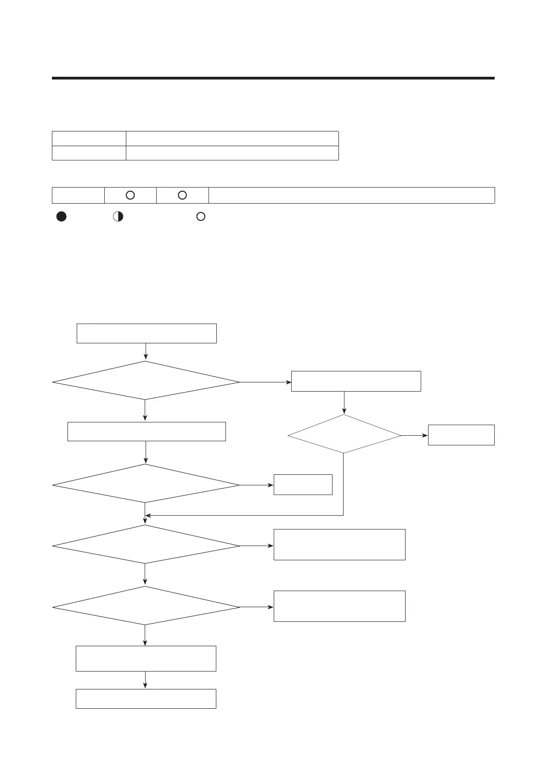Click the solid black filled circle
click(62, 217)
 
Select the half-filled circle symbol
click(118, 217)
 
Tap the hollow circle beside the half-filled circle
click(201, 216)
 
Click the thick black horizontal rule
click(273, 78)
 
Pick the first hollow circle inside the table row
click(130, 195)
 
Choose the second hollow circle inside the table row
click(182, 195)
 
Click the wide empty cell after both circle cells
click(351, 195)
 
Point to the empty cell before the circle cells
click(78, 195)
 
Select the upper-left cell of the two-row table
click(89, 138)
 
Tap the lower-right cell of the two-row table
click(232, 153)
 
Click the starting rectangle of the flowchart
click(146, 333)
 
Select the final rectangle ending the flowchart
click(146, 699)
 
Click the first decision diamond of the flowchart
click(146, 381)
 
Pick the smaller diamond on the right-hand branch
click(344, 434)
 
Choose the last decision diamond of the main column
click(146, 606)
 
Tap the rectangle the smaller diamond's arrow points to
click(461, 435)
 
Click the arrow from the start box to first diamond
click(146, 352)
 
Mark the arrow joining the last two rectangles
click(146, 680)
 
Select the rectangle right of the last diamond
click(339, 606)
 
